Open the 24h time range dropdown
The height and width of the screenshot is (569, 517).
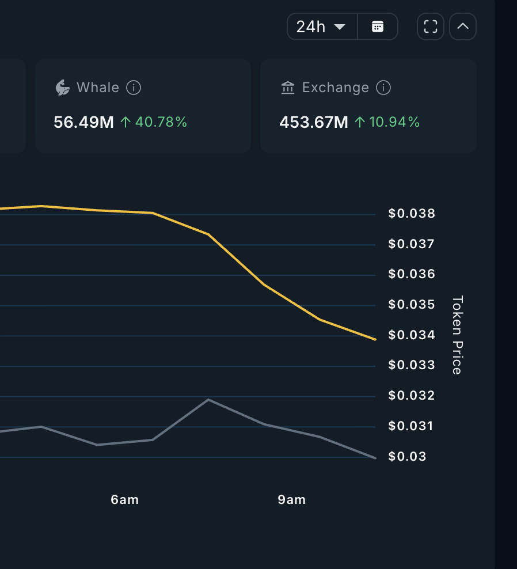[321, 26]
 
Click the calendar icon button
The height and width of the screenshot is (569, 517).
[378, 26]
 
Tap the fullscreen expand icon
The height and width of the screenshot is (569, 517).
[431, 26]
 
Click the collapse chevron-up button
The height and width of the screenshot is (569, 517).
[463, 26]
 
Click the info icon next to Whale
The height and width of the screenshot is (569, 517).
[134, 88]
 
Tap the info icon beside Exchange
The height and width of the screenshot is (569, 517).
[383, 88]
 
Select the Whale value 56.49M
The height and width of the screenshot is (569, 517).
[83, 122]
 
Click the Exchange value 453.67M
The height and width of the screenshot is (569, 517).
[314, 122]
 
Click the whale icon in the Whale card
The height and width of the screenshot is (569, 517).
[62, 88]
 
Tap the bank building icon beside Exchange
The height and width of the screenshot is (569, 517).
[287, 88]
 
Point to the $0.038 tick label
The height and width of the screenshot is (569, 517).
[412, 214]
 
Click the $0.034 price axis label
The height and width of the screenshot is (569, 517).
[412, 335]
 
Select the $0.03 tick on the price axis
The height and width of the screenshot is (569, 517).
[408, 457]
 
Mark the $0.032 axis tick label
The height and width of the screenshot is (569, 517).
[412, 396]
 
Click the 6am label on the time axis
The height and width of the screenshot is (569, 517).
[125, 500]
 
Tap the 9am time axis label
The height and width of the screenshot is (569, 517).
[291, 500]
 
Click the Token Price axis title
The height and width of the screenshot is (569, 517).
[457, 335]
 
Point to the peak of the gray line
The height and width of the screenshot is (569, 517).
[208, 399]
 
